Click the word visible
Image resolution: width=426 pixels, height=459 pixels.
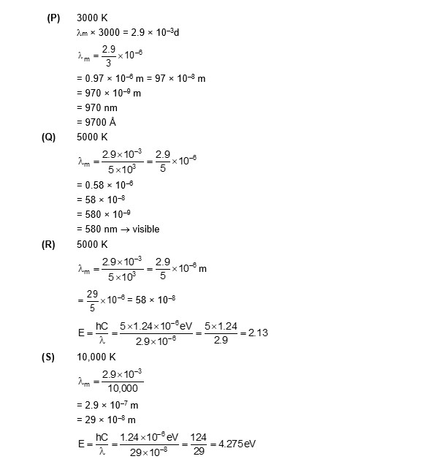(145, 229)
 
